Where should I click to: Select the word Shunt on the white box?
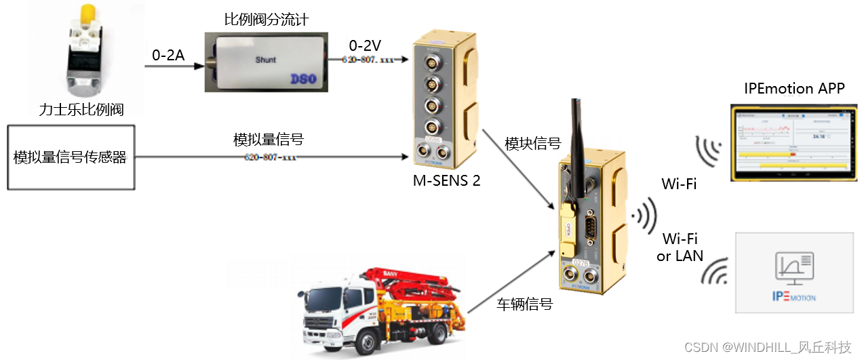(x=265, y=60)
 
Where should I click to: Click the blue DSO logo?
(x=302, y=79)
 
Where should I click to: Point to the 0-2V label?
(x=365, y=45)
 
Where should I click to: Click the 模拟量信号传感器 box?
(x=70, y=157)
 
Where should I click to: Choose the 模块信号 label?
(x=533, y=144)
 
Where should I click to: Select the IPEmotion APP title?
(x=794, y=89)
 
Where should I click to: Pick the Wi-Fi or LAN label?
(x=680, y=247)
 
